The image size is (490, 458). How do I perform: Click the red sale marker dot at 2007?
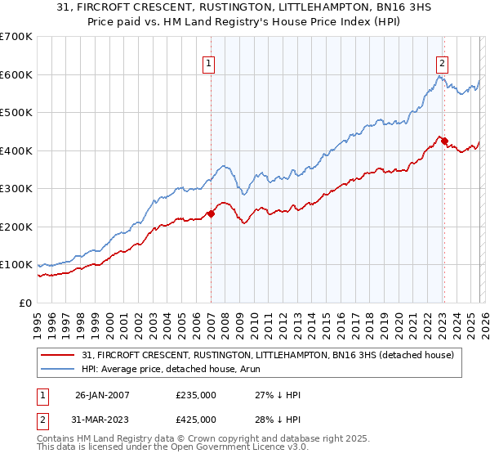(211, 213)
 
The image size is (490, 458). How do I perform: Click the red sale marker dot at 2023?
(444, 141)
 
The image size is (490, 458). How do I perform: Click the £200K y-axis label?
(16, 227)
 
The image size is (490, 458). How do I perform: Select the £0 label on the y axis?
(26, 303)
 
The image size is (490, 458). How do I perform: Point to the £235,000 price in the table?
(196, 394)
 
